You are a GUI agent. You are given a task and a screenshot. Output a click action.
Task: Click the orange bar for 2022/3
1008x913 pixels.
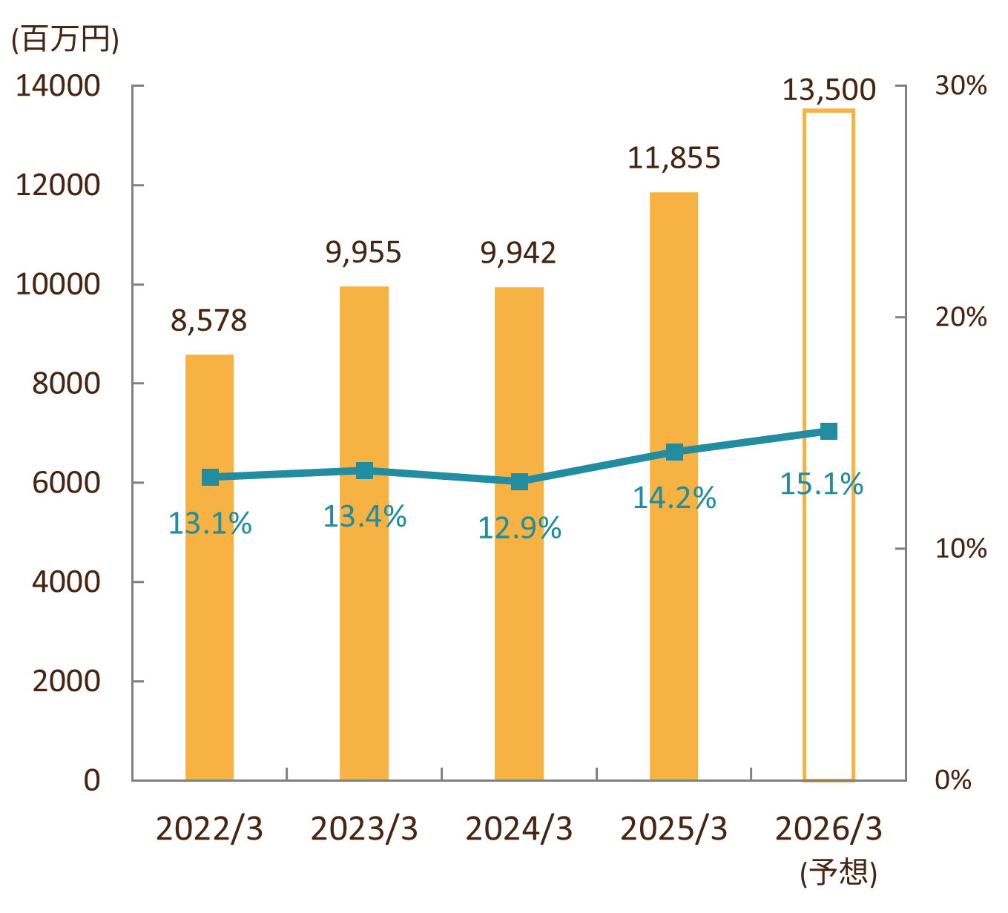coord(209,630)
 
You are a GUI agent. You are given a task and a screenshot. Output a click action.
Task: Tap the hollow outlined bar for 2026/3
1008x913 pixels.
coord(829,630)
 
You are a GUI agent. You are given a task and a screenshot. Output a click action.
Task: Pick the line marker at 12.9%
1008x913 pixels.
coord(519,481)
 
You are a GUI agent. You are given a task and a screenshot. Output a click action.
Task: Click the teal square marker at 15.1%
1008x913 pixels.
coord(829,431)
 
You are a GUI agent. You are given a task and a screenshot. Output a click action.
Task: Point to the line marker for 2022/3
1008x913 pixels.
coord(210,477)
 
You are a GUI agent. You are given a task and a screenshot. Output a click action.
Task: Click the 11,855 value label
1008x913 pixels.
coord(673,158)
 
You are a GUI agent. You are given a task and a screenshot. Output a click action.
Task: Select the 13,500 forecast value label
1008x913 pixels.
coord(829,90)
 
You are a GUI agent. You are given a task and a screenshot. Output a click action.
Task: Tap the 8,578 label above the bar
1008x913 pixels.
coord(208,320)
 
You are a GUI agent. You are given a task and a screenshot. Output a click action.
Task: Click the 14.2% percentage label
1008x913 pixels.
coord(673,498)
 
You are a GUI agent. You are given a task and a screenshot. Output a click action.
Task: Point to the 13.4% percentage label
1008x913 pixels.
coord(364,516)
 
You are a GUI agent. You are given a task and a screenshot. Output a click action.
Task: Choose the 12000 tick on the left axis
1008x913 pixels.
coord(58,185)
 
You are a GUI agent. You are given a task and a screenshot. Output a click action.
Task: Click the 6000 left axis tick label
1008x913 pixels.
coord(66,483)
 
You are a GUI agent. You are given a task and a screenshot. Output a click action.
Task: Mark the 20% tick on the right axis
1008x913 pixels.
coord(961,317)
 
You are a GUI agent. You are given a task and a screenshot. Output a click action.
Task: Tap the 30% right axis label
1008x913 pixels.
coord(961,86)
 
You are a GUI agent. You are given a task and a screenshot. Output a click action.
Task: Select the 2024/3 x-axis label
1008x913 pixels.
coord(519,828)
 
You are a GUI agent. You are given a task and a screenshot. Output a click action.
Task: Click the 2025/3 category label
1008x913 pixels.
coord(673,828)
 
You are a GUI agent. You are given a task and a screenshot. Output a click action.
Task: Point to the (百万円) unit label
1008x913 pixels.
coord(65,39)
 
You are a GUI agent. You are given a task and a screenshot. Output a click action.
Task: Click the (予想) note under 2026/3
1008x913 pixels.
coord(838,872)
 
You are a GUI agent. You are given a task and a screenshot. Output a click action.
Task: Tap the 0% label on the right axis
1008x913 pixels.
coord(953,779)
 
